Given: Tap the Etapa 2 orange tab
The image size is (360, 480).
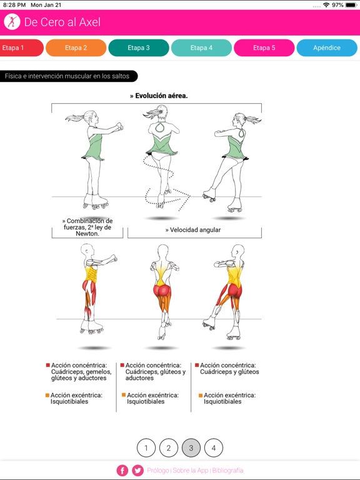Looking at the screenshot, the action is [76, 47].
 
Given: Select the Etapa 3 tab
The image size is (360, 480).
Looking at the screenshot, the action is [139, 47].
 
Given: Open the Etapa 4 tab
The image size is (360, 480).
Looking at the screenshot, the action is [201, 47].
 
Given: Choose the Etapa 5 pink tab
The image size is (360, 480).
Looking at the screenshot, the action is [264, 47].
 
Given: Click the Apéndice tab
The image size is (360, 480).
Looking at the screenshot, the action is [327, 47].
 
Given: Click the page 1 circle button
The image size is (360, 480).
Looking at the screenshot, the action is [146, 448].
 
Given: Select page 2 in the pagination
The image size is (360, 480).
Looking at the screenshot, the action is [169, 448].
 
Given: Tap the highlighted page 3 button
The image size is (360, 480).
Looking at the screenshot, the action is [191, 448].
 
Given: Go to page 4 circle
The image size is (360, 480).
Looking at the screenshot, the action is [214, 448].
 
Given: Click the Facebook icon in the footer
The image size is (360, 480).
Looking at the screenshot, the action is [122, 471].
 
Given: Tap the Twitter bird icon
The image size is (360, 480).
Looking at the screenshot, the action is [137, 471].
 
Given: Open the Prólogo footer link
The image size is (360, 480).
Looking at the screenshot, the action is [158, 471].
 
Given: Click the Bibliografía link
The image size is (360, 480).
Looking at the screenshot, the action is [227, 471].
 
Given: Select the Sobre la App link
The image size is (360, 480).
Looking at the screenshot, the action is [191, 471].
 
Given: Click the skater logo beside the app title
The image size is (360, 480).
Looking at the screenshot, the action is [12, 22].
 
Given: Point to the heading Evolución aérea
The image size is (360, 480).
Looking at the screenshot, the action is [159, 96].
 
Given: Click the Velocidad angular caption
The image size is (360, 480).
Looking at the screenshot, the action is [193, 230].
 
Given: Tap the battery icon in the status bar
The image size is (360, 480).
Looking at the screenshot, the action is [351, 5].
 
